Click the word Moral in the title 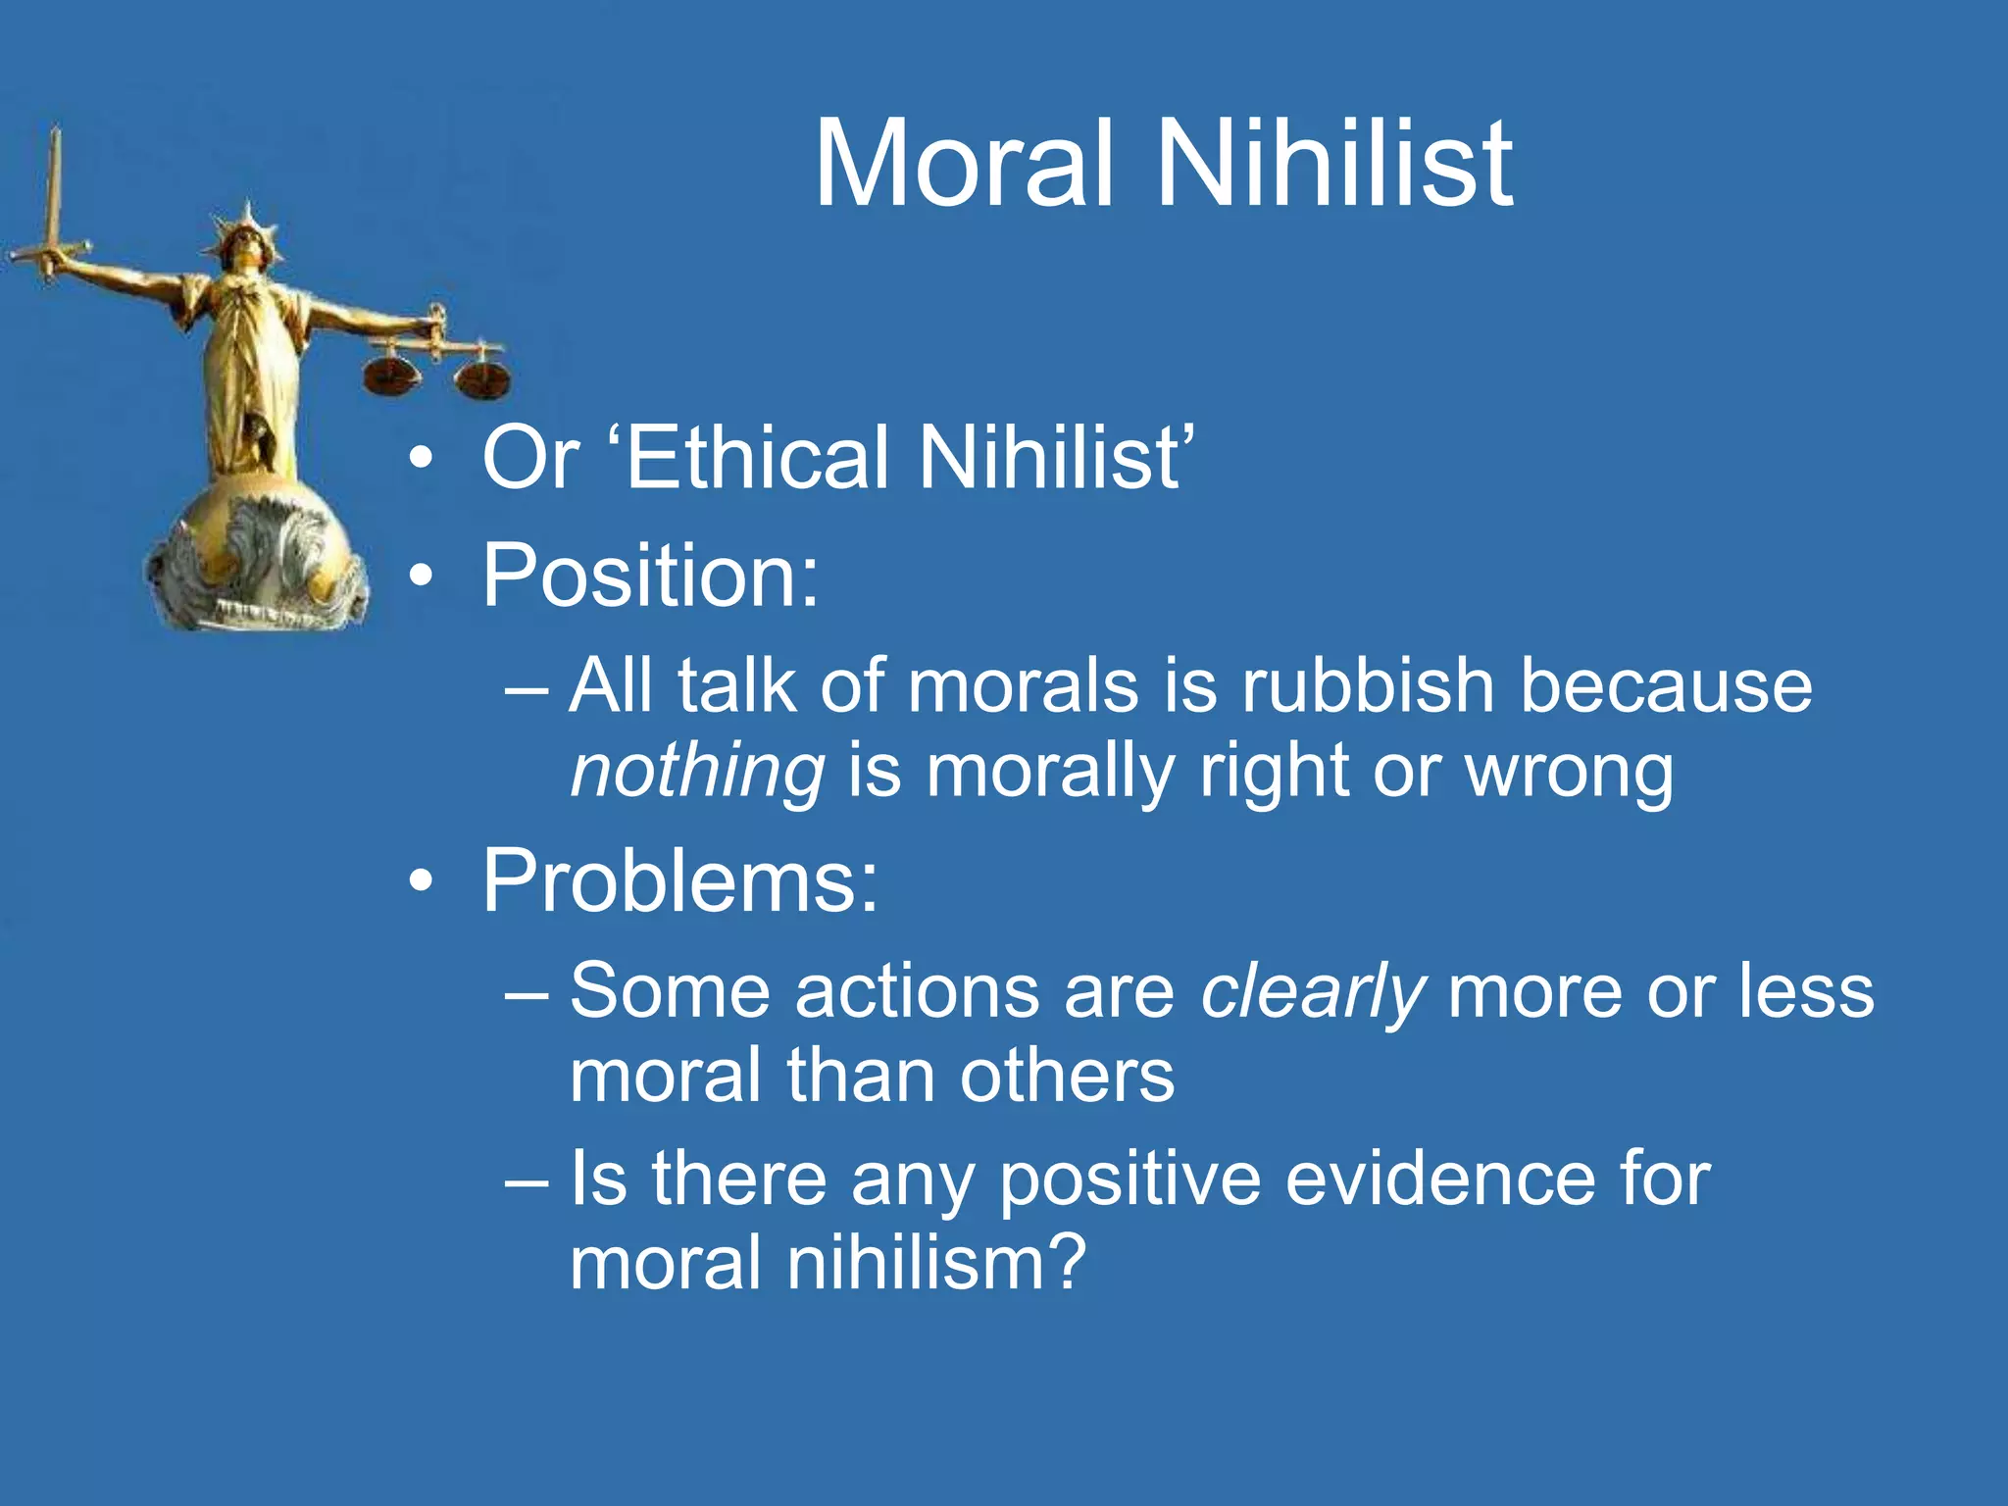point(964,164)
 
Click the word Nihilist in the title point(1334,164)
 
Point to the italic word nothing point(697,772)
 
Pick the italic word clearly point(1312,992)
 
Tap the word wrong point(1569,772)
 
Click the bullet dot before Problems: point(421,882)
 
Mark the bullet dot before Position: point(421,577)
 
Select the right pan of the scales point(481,380)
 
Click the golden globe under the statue point(257,559)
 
